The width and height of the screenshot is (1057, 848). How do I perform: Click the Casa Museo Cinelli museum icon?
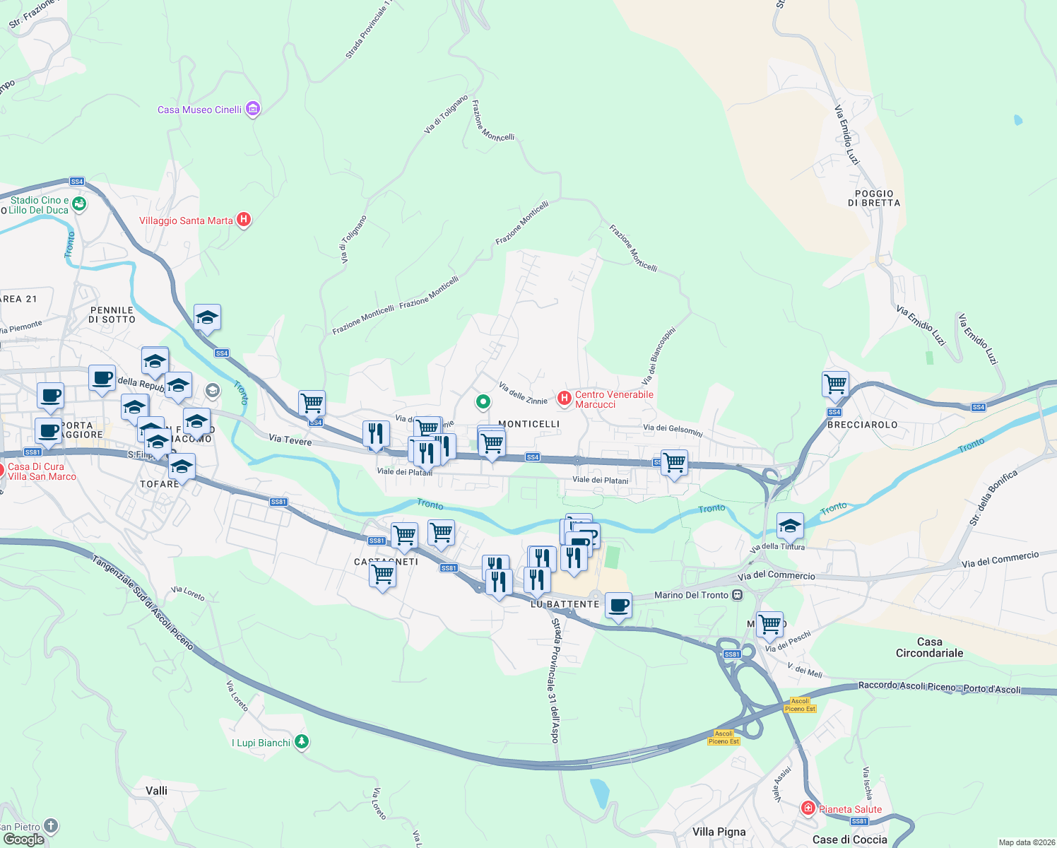click(253, 110)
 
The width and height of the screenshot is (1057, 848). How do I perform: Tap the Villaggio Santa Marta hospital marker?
click(244, 220)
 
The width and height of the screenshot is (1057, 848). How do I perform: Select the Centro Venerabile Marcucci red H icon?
click(564, 399)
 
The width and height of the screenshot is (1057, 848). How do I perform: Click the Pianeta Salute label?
click(850, 809)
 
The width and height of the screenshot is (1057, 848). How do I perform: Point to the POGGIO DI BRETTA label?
click(874, 198)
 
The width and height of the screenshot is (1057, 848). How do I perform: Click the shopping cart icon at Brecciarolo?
click(835, 384)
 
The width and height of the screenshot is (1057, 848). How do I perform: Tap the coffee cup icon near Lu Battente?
click(619, 606)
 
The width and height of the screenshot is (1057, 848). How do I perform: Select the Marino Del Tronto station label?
click(690, 595)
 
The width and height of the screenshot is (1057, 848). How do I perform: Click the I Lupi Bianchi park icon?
click(302, 742)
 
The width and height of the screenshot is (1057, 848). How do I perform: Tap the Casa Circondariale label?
click(929, 647)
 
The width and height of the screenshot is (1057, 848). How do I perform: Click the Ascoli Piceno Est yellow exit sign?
click(800, 705)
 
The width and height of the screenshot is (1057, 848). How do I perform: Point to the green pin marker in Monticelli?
click(483, 402)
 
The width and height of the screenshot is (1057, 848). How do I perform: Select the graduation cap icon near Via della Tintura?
click(790, 526)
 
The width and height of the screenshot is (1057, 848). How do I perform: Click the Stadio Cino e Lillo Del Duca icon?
click(79, 204)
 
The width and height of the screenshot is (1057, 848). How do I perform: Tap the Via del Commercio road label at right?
click(1000, 560)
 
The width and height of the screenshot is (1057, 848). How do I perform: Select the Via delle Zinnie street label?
click(523, 394)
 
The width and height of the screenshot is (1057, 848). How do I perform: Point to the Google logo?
click(24, 839)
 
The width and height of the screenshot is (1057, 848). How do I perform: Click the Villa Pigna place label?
click(719, 832)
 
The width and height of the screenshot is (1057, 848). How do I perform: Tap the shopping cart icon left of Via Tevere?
click(312, 404)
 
